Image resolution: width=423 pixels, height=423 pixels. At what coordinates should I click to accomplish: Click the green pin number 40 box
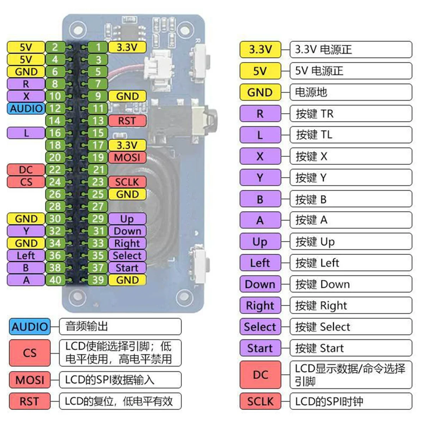tap(55, 280)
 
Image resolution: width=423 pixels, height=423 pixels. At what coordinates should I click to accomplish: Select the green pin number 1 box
tap(98, 47)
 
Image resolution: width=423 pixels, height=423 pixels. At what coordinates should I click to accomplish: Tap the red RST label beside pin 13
tap(127, 121)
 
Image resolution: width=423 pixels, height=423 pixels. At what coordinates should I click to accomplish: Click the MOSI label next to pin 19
tap(127, 158)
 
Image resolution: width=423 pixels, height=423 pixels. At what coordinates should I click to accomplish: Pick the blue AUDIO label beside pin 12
tap(26, 109)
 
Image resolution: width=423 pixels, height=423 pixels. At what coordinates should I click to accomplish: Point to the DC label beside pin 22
tap(26, 170)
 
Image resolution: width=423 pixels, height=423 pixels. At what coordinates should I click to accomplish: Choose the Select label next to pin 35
tap(127, 256)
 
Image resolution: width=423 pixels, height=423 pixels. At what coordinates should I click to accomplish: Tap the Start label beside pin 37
tap(127, 268)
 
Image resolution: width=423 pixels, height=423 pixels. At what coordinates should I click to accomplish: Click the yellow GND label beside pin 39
tap(127, 280)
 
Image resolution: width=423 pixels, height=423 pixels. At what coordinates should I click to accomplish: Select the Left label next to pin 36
tap(26, 256)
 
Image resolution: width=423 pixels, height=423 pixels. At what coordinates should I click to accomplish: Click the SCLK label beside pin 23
tap(127, 182)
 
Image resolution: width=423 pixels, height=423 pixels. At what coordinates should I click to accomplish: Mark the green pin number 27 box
tap(98, 207)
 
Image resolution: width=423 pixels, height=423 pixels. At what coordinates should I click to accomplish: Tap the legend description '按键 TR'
tap(350, 114)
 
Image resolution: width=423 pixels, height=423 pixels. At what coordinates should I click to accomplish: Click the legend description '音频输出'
tap(120, 326)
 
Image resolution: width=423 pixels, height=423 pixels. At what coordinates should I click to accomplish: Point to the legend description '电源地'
tap(350, 92)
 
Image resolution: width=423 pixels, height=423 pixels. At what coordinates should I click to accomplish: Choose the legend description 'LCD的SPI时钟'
tap(350, 401)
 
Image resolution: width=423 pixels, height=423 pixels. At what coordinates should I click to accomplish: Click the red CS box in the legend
tap(30, 353)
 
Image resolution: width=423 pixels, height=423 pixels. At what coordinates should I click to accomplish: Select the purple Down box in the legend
tap(260, 284)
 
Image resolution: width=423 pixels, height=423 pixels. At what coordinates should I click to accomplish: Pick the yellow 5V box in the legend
tap(260, 71)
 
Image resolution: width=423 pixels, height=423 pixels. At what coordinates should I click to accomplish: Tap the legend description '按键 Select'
tap(350, 327)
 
